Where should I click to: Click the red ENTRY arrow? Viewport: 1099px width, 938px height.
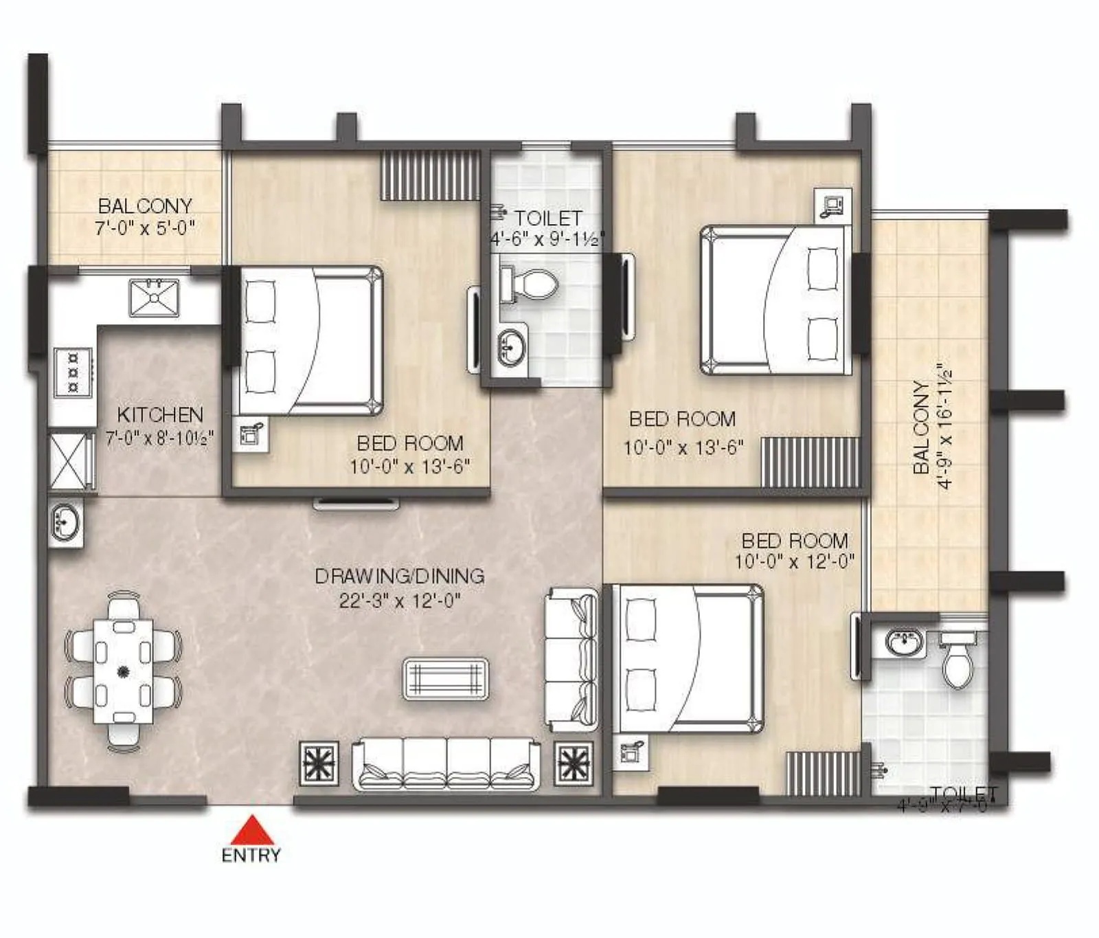(252, 829)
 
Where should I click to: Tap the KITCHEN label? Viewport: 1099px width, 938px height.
(160, 414)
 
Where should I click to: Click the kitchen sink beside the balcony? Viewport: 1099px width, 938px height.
(155, 297)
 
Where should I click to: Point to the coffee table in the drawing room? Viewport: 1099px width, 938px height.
(446, 679)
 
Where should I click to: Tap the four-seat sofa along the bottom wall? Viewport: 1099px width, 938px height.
(446, 764)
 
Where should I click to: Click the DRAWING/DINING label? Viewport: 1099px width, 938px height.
(399, 576)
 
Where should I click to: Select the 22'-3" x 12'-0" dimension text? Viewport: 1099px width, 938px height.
(399, 601)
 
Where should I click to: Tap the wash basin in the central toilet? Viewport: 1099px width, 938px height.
(510, 346)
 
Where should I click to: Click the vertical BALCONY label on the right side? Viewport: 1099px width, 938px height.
(922, 427)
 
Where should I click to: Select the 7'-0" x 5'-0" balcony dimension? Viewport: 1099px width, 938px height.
(145, 227)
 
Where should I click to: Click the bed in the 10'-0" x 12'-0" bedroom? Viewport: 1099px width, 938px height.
(688, 658)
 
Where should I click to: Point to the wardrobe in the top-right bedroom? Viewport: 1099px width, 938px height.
(811, 462)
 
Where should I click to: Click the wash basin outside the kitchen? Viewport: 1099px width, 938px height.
(66, 523)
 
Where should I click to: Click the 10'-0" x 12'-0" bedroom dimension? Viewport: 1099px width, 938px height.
(794, 561)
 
